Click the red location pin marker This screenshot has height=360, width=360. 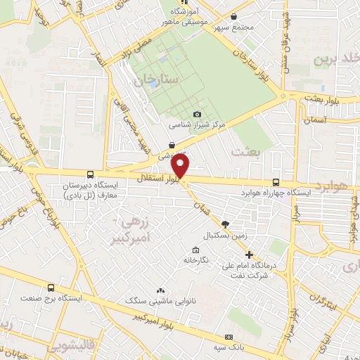click(x=181, y=166)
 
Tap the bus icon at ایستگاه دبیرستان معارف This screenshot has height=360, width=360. click(x=89, y=174)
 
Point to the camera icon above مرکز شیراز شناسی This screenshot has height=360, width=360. click(x=197, y=114)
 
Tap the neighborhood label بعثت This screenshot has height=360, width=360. click(x=247, y=152)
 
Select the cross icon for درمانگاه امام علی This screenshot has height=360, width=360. click(x=249, y=254)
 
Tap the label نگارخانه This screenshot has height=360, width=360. click(x=195, y=259)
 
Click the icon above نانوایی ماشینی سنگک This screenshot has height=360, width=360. click(x=161, y=290)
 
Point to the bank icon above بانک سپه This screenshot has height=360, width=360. click(x=229, y=336)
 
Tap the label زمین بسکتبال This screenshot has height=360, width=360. click(x=226, y=236)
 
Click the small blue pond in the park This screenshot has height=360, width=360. click(x=153, y=83)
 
